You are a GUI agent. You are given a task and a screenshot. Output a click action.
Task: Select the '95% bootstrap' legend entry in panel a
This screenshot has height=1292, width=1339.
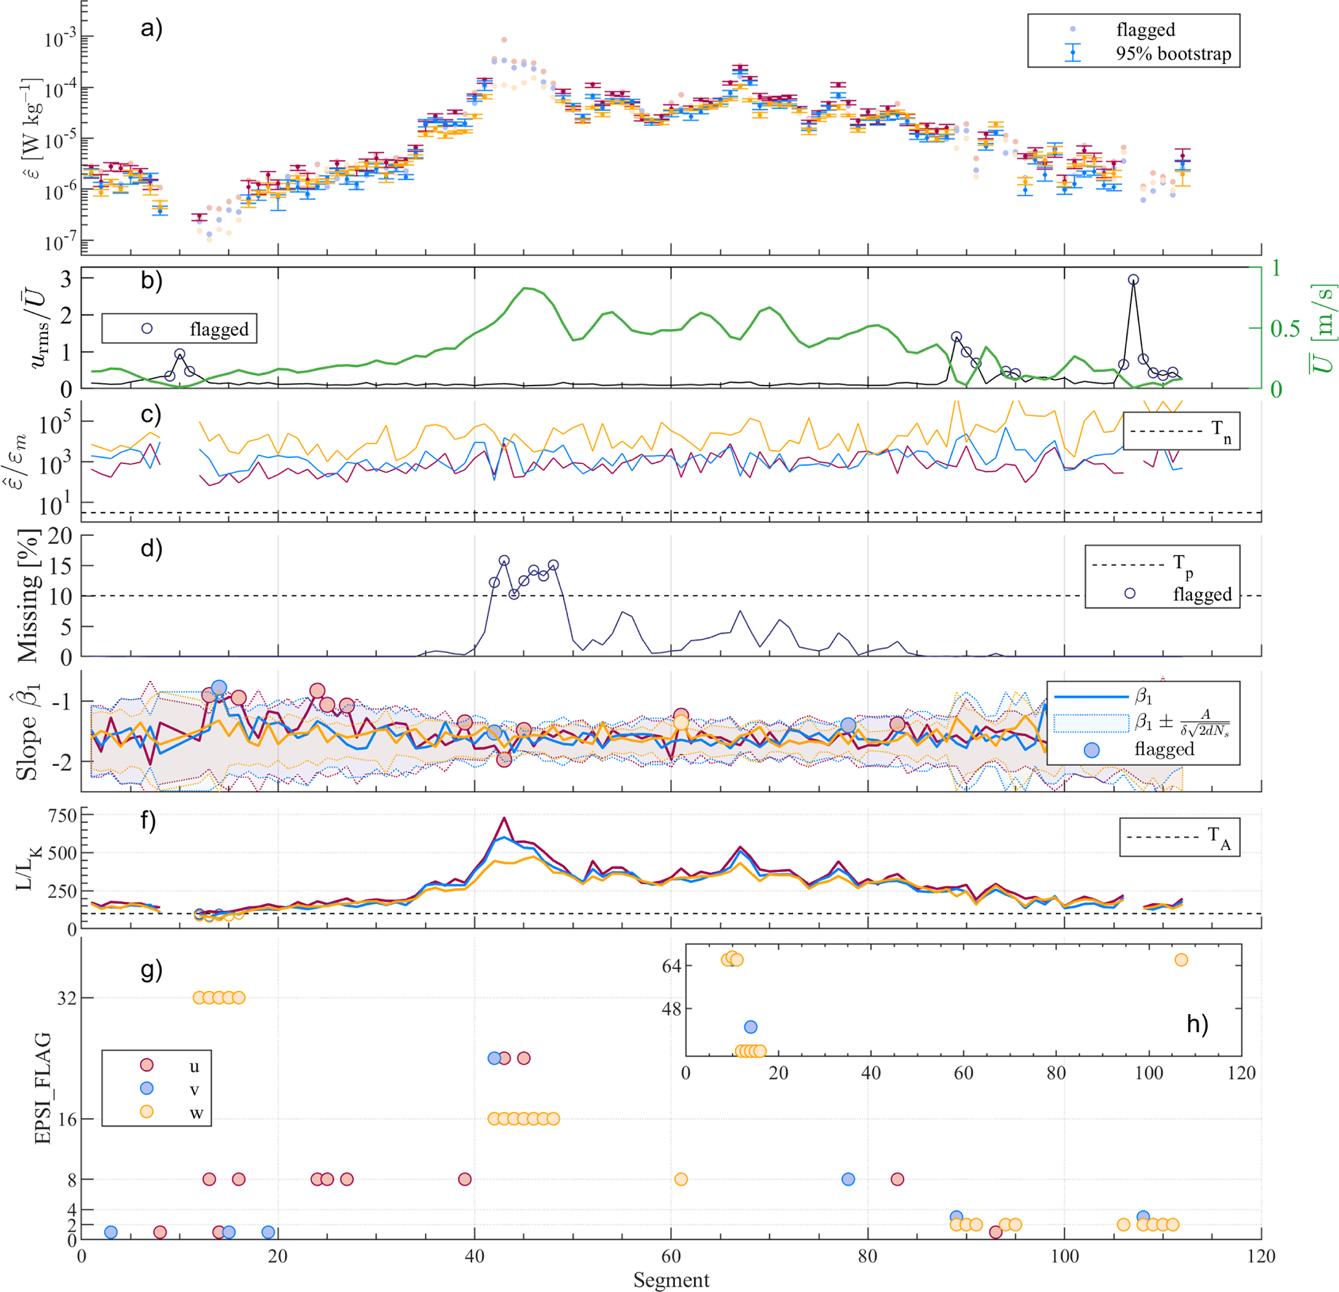pyautogui.click(x=1173, y=53)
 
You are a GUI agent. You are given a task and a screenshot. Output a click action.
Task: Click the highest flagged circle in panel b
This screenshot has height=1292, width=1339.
pyautogui.click(x=1134, y=279)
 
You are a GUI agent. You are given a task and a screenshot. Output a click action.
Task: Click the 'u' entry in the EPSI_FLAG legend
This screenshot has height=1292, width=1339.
pyautogui.click(x=194, y=1067)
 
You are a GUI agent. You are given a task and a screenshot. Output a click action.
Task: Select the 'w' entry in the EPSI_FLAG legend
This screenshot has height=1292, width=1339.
pyautogui.click(x=196, y=1113)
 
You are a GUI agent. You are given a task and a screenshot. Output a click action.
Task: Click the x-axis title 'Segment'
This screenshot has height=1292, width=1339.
pyautogui.click(x=671, y=1280)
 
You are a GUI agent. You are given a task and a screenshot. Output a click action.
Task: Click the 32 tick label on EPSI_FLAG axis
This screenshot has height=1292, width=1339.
pyautogui.click(x=65, y=998)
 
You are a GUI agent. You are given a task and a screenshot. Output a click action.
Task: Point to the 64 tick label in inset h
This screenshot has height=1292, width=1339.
pyautogui.click(x=672, y=965)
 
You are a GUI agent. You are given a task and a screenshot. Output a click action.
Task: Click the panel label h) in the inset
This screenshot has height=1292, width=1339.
pyautogui.click(x=1197, y=1024)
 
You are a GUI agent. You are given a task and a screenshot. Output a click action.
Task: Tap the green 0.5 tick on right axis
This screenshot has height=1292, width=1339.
pyautogui.click(x=1285, y=329)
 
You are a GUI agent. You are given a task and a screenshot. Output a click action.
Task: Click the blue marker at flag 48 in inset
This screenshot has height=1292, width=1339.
pyautogui.click(x=750, y=1027)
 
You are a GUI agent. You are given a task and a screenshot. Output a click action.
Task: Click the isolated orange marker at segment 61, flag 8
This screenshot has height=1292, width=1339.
pyautogui.click(x=680, y=1179)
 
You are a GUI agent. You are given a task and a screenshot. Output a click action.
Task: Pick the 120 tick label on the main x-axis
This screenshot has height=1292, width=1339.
pyautogui.click(x=1261, y=1256)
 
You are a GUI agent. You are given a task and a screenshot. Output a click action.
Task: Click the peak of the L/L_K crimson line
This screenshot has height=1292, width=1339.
pyautogui.click(x=503, y=818)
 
